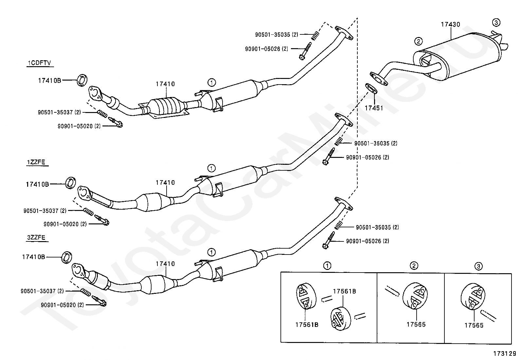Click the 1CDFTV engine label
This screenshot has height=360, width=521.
click(x=39, y=63)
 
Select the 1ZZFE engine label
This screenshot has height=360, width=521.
click(x=36, y=162)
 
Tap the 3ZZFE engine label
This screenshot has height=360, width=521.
click(x=36, y=237)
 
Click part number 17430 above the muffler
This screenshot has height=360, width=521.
click(x=451, y=25)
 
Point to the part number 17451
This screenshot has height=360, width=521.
click(x=374, y=108)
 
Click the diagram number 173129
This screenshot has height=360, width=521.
click(x=505, y=353)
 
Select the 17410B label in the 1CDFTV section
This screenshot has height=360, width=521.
click(x=49, y=81)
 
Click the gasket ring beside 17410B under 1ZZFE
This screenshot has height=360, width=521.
click(x=70, y=183)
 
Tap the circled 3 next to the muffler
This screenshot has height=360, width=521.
click(x=496, y=23)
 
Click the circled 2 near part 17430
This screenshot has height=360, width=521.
click(x=419, y=42)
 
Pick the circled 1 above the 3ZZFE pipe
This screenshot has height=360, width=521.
click(x=211, y=252)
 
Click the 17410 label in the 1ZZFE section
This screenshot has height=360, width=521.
click(x=165, y=182)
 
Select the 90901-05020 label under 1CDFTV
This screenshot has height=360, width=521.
click(x=79, y=126)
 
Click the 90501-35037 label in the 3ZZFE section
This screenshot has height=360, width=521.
click(x=42, y=291)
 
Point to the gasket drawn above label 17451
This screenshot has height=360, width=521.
click(x=371, y=88)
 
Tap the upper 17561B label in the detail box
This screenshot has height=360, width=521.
click(x=345, y=291)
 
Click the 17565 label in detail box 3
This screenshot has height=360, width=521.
click(x=474, y=326)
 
